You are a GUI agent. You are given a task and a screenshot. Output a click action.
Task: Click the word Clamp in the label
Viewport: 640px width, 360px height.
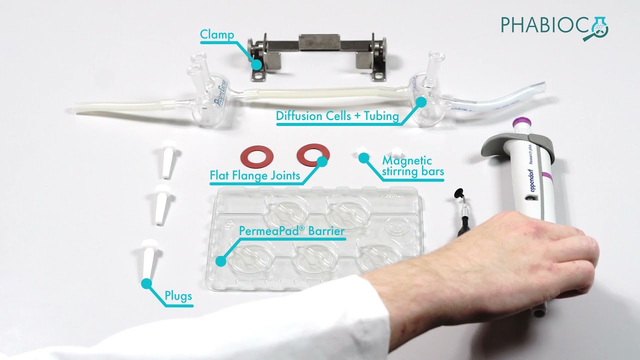[217, 35]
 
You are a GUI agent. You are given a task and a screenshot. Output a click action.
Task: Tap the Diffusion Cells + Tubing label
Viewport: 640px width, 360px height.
[337, 116]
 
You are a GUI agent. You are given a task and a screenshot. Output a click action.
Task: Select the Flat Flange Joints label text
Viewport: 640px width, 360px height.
[255, 175]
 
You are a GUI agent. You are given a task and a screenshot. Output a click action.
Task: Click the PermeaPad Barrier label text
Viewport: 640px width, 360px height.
[291, 231]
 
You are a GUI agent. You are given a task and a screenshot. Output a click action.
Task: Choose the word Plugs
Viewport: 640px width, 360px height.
[178, 296]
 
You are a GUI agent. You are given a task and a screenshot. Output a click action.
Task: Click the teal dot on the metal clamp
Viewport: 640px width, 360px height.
[256, 64]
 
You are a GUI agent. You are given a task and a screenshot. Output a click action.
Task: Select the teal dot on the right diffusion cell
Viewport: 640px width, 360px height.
[421, 101]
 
